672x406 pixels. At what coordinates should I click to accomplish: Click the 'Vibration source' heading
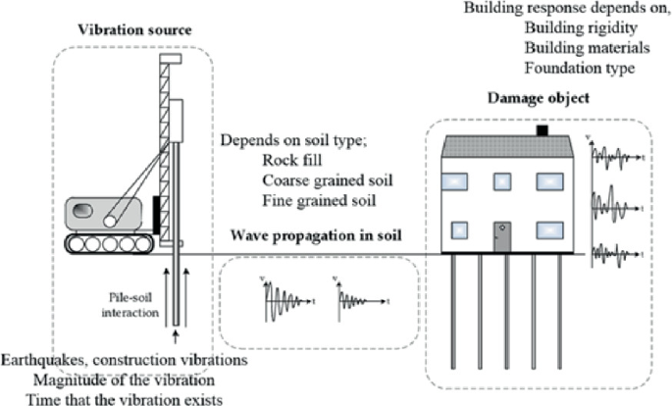(x=134, y=30)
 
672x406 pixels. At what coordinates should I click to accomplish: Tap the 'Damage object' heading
(x=539, y=98)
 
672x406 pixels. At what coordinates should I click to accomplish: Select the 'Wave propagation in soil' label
(x=316, y=235)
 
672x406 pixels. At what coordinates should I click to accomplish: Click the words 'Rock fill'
(x=292, y=160)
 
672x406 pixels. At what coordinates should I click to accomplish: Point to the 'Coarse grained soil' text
(x=328, y=180)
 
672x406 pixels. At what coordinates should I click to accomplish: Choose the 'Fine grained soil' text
(x=319, y=201)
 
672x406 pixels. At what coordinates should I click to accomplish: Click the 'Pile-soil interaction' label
(x=130, y=305)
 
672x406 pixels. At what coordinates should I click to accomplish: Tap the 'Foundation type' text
(x=580, y=68)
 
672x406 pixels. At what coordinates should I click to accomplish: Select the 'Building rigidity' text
(x=581, y=27)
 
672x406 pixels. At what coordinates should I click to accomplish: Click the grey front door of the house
(x=502, y=237)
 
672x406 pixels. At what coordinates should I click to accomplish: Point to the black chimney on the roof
(x=543, y=130)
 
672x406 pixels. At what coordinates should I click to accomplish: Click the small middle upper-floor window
(x=502, y=181)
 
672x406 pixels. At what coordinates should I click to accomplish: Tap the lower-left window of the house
(x=459, y=230)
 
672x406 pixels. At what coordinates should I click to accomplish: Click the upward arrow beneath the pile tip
(x=175, y=336)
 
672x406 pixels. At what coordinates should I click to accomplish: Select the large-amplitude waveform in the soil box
(x=287, y=300)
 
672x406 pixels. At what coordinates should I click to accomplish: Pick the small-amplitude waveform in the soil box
(x=361, y=299)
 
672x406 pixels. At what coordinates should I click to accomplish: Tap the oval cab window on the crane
(x=82, y=211)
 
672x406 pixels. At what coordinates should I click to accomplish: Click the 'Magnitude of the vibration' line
(x=124, y=381)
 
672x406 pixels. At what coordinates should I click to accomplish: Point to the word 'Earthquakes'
(x=45, y=360)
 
